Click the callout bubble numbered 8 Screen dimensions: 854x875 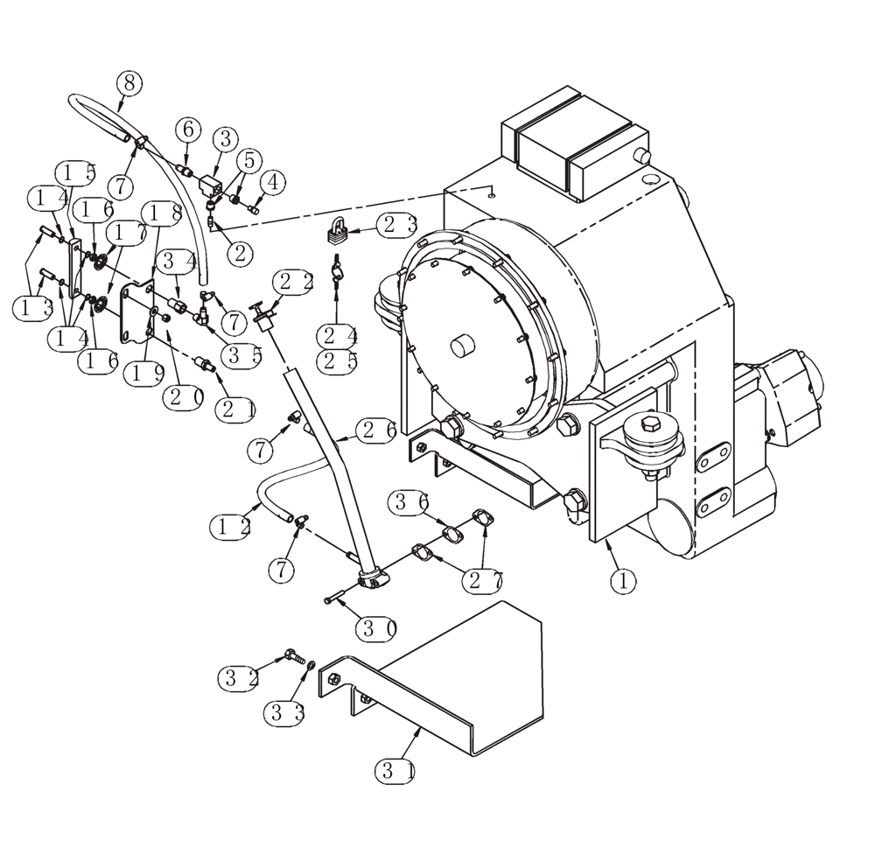pos(129,84)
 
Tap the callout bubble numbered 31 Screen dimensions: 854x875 pos(395,771)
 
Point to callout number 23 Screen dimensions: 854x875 pos(399,224)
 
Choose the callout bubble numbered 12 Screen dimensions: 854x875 pos(231,526)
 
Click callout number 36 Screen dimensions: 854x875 pos(411,502)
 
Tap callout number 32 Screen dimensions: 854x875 pos(240,676)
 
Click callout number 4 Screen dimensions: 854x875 pos(273,182)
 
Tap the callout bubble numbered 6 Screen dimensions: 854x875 pos(187,129)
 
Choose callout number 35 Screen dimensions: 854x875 pos(241,354)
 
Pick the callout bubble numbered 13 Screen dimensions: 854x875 pos(33,308)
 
